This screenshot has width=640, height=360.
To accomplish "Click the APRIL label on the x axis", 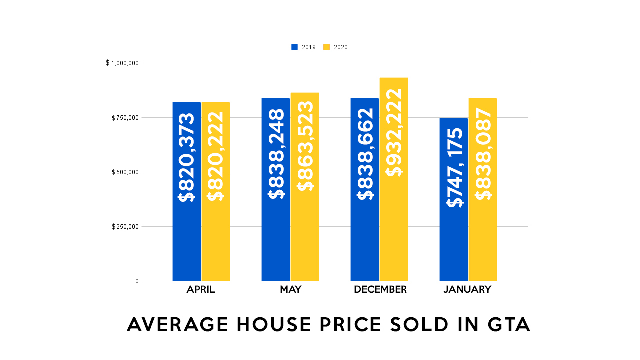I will click(x=201, y=290).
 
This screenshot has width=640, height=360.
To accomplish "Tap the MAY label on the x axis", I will click(x=290, y=290).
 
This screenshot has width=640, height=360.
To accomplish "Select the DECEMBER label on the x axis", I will click(x=380, y=290).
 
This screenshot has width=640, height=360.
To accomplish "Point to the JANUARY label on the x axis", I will click(x=467, y=290).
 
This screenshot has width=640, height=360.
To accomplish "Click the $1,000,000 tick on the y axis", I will click(x=122, y=63).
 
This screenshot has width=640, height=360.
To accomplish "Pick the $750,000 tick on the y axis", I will click(x=125, y=118).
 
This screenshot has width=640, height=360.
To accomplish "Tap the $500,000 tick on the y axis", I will click(x=125, y=172).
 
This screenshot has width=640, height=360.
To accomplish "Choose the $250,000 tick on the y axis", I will click(x=125, y=227).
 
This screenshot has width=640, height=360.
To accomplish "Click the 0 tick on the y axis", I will click(x=137, y=281).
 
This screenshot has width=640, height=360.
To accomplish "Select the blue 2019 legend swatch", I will click(x=295, y=47).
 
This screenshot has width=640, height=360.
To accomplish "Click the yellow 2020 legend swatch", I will click(x=327, y=47).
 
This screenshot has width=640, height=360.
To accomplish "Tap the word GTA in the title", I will click(x=508, y=325).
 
